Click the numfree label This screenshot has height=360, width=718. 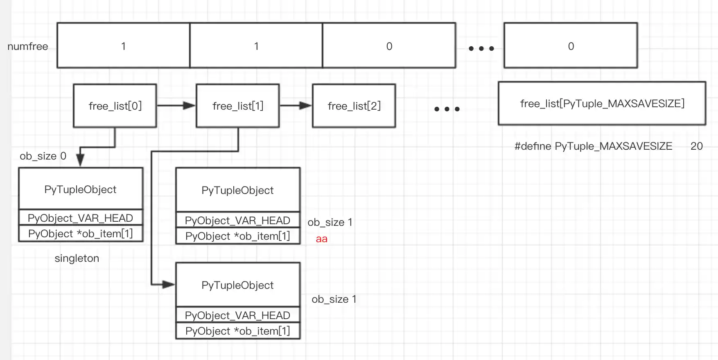28,47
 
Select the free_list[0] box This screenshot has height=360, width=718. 115,106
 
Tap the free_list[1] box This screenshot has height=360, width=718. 238,106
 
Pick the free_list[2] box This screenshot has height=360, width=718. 354,106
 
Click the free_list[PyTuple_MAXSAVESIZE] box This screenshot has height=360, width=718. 602,103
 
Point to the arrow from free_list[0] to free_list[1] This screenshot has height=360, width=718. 176,106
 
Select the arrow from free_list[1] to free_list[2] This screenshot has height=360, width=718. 296,106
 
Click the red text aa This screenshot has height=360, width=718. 322,239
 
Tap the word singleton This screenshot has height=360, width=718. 77,259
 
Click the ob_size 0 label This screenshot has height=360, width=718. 43,156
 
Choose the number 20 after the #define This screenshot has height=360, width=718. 696,146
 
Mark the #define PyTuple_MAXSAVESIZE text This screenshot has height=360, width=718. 593,146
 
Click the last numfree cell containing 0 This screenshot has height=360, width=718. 571,46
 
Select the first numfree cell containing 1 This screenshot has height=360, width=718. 123,46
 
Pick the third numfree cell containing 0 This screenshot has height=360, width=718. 389,46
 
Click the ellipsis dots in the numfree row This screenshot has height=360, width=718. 481,48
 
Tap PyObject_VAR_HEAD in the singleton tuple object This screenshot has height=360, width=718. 80,218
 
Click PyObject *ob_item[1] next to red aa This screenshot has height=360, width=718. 237,236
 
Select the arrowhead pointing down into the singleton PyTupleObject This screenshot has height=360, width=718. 80,161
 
